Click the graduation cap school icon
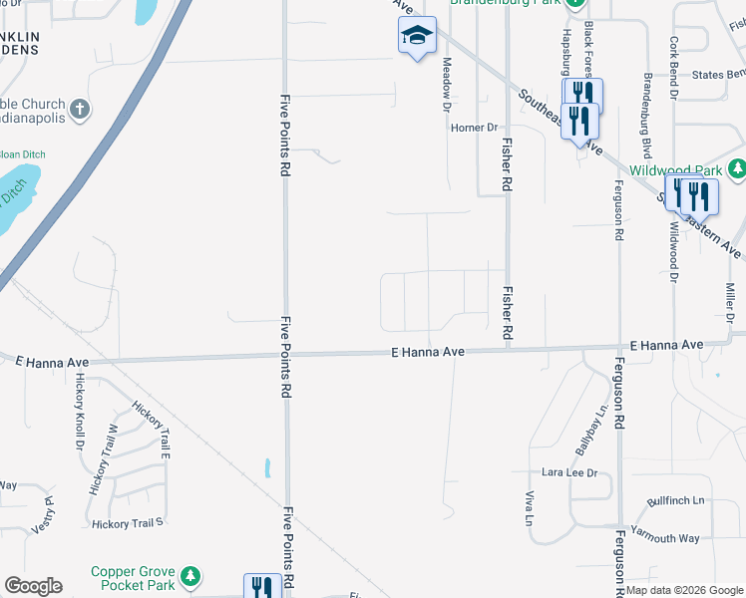tap(418, 36)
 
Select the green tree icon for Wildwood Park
tap(736, 170)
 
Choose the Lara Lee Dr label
tap(568, 472)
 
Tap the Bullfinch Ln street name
tap(675, 500)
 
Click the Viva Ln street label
tap(528, 508)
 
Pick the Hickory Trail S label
tap(127, 523)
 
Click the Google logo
tap(33, 586)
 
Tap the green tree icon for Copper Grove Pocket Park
tap(187, 577)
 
